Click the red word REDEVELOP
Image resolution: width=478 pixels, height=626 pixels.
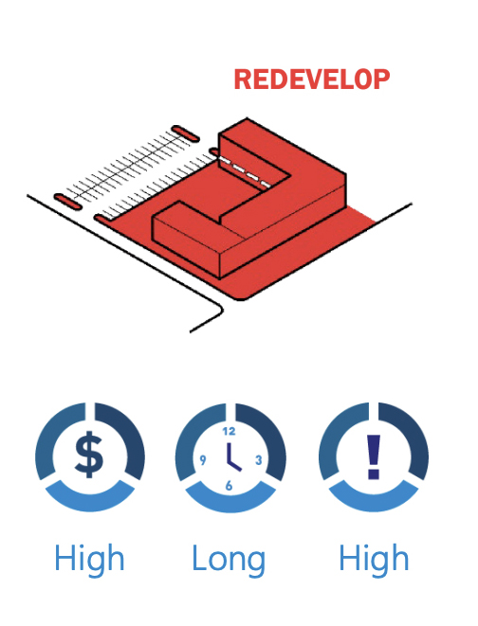(312, 80)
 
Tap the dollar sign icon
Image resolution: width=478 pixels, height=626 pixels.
(89, 455)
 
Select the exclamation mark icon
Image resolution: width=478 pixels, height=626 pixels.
(374, 456)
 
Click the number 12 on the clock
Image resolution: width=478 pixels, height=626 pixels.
(229, 431)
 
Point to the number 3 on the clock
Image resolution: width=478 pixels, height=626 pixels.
(259, 460)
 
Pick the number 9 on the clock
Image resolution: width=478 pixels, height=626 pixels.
(203, 460)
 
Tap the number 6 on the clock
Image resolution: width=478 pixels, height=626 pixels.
(229, 486)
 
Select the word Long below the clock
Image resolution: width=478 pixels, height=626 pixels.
(229, 560)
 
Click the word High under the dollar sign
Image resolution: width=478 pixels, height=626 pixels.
(89, 558)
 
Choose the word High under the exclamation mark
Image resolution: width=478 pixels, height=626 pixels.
(374, 558)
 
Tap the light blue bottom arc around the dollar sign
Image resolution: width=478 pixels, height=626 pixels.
(90, 499)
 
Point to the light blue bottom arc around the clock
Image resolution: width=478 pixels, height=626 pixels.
(230, 500)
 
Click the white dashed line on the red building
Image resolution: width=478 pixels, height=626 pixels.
(246, 172)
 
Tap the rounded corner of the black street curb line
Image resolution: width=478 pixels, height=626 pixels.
(219, 309)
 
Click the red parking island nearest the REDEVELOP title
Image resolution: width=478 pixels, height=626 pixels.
(185, 134)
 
